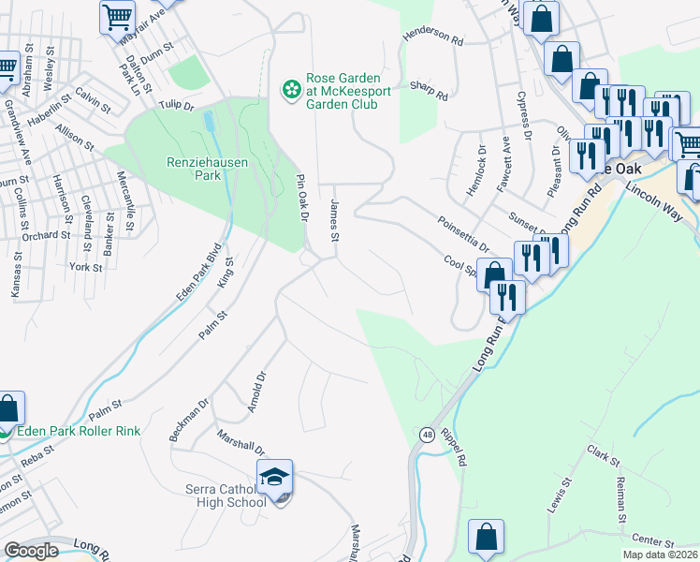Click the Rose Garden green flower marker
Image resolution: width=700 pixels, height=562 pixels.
(292, 89)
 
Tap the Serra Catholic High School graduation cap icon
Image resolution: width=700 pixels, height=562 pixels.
(275, 477)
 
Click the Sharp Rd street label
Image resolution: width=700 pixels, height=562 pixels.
(429, 90)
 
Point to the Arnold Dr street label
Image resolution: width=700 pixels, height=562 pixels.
(257, 391)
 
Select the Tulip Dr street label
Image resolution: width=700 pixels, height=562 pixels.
(175, 106)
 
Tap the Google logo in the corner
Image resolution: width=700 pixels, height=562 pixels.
(31, 551)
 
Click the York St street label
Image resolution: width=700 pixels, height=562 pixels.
(85, 267)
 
